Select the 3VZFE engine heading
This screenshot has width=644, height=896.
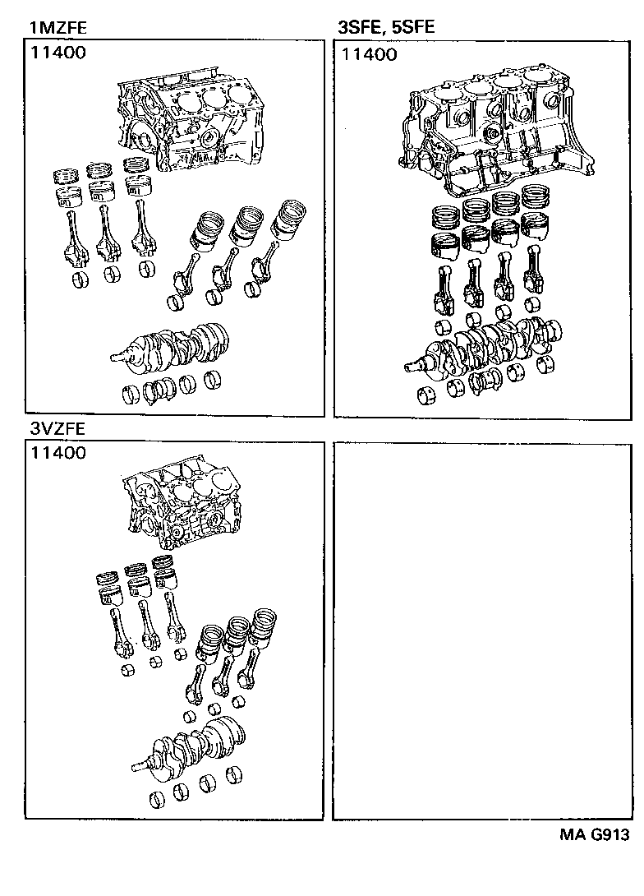(x=57, y=428)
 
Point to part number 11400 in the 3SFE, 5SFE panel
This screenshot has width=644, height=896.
(x=369, y=54)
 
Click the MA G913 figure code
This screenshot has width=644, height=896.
(x=595, y=835)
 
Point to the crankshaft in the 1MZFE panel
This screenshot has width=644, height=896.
(x=172, y=345)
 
